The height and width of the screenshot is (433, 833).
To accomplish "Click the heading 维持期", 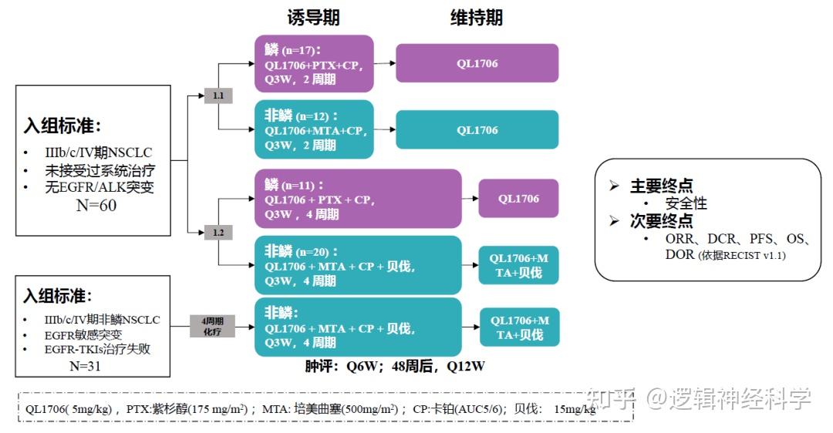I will [x=477, y=18].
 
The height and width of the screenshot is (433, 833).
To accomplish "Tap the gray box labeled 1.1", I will [x=218, y=96].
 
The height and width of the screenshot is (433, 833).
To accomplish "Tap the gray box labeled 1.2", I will [x=218, y=232].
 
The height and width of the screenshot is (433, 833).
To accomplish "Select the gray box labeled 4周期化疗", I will [x=212, y=326].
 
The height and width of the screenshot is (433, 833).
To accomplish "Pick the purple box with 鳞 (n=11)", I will [x=358, y=199].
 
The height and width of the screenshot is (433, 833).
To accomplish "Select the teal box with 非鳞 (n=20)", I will [x=358, y=265].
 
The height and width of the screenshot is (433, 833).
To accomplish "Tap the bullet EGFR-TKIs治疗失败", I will [x=96, y=349].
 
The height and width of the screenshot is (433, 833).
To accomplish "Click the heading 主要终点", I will [x=661, y=186].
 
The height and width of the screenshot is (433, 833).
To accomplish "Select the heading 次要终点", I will [x=661, y=221].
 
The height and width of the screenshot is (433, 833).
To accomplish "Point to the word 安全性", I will [x=686, y=203].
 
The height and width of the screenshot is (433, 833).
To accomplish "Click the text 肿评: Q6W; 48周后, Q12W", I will [x=395, y=366].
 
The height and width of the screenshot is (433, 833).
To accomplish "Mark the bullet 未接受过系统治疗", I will [x=99, y=170].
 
